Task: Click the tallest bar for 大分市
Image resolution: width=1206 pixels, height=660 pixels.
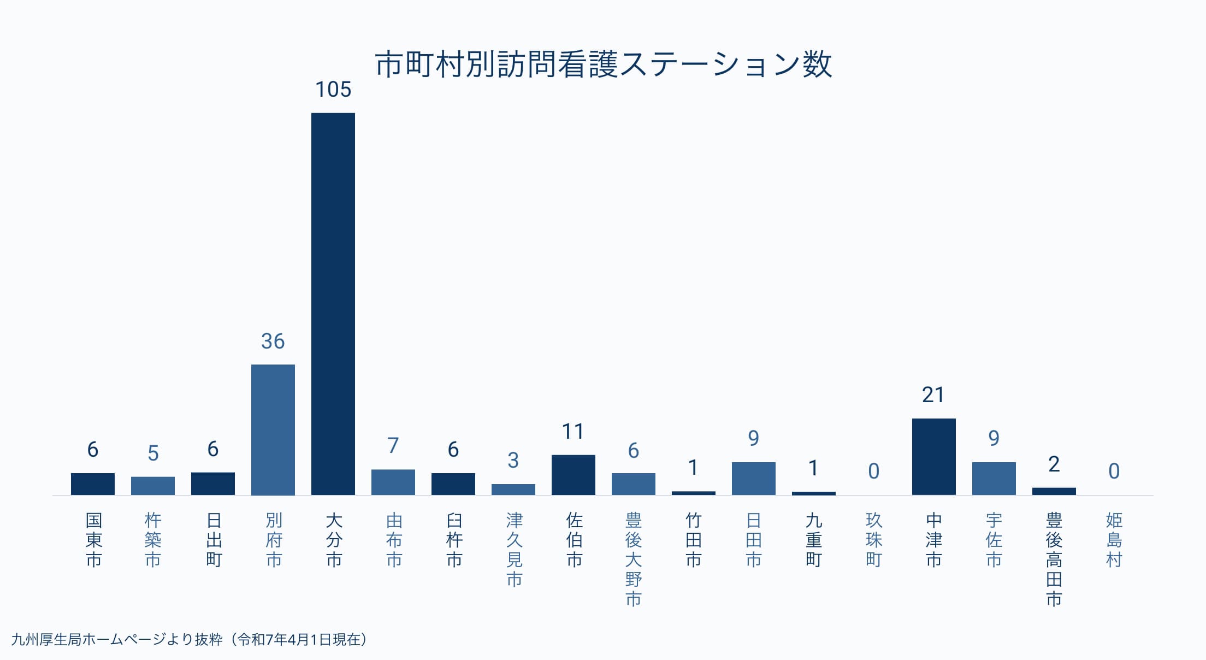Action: point(333,303)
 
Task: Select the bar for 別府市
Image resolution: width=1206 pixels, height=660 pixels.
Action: point(273,429)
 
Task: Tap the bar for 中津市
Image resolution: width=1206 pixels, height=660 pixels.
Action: point(933,456)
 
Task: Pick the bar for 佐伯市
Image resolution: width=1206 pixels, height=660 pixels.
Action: point(573,474)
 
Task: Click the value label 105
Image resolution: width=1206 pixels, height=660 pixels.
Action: point(333,90)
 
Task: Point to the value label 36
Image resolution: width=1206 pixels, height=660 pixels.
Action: point(273,341)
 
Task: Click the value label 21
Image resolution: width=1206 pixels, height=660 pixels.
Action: point(933,395)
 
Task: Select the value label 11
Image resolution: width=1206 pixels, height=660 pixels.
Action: point(573,432)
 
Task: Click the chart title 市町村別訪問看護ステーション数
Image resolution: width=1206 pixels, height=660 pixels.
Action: point(603,64)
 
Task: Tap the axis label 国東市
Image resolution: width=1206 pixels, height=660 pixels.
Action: point(93,540)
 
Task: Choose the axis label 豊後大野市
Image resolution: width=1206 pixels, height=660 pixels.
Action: point(633,559)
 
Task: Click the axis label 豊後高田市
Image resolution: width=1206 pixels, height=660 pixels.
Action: point(1054,559)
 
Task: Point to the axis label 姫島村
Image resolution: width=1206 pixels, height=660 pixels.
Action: point(1114,540)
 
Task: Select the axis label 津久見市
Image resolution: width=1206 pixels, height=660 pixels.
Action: point(513,549)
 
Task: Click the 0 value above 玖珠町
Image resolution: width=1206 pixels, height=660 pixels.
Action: point(873,471)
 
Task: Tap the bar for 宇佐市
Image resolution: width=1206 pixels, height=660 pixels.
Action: point(994,478)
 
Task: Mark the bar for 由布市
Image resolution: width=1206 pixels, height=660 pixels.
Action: point(393,482)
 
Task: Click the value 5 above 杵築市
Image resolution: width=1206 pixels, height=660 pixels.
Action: point(153,453)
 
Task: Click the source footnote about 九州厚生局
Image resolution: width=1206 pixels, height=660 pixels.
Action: point(189,639)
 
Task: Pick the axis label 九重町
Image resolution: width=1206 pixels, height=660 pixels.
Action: point(813,540)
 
